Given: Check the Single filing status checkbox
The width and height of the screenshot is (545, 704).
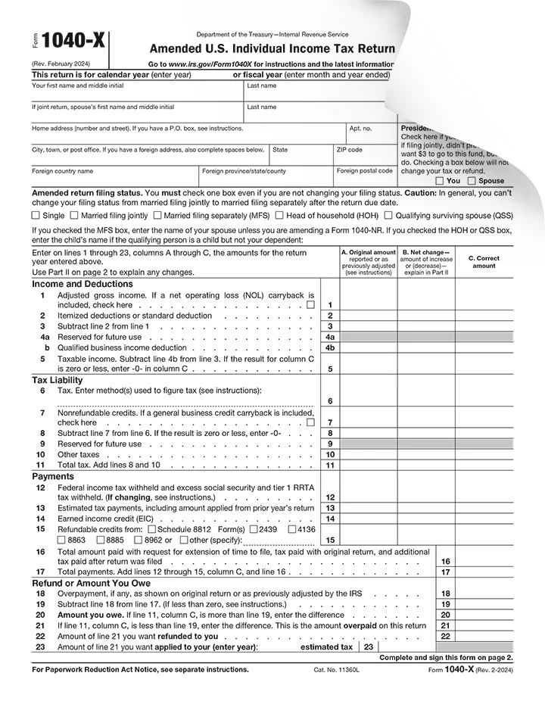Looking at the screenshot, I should click(x=36, y=216).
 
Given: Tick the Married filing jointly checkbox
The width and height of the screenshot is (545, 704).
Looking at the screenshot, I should click(x=75, y=216).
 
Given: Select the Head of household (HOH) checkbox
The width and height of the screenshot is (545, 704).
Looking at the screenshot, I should click(x=279, y=216).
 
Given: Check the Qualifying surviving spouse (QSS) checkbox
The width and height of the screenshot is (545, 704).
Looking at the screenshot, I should click(x=388, y=216).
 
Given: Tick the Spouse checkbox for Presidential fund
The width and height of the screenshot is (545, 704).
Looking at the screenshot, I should click(x=472, y=181).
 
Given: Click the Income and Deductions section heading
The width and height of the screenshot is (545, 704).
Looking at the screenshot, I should click(x=72, y=285).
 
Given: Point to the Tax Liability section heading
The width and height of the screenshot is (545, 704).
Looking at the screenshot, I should click(x=57, y=380).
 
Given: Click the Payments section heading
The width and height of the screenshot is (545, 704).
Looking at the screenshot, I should click(x=53, y=476).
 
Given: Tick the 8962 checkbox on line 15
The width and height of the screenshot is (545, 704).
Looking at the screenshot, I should click(x=138, y=540).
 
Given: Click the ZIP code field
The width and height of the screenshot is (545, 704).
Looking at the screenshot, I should click(x=364, y=154).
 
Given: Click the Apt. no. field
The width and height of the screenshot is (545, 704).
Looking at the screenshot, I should click(x=371, y=133).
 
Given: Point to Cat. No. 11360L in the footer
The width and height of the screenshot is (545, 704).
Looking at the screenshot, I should click(x=338, y=671).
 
